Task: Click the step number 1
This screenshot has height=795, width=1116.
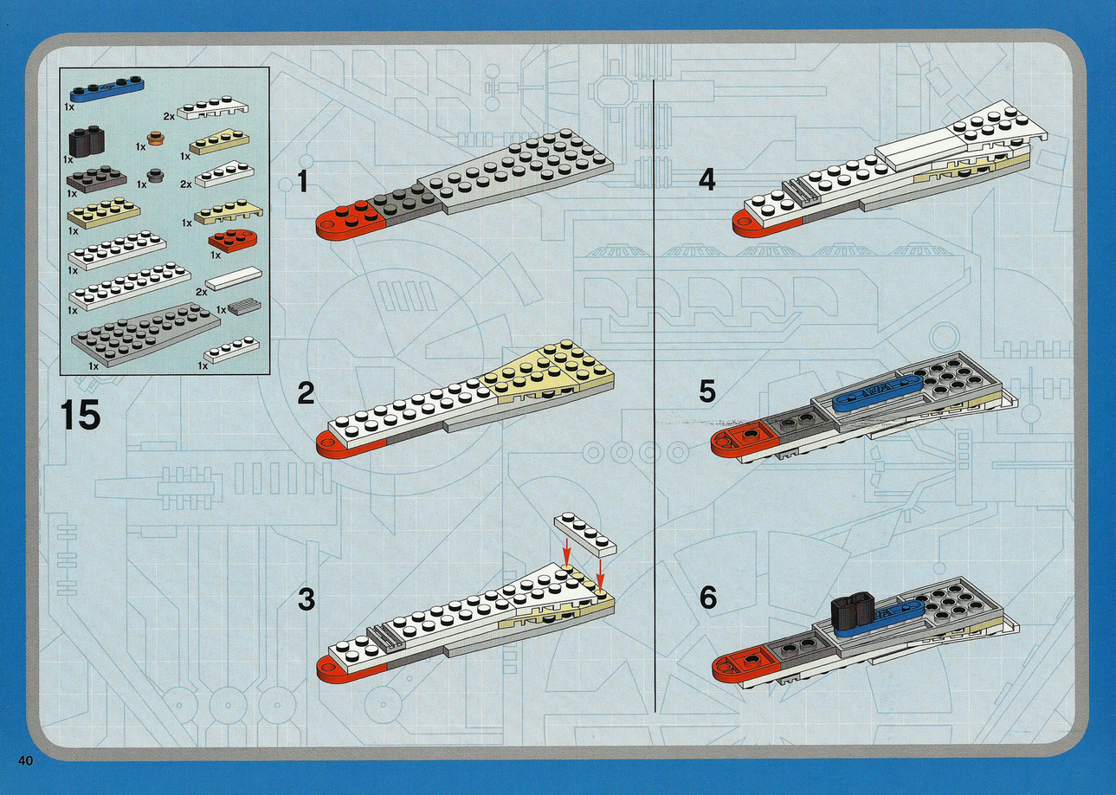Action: point(303,181)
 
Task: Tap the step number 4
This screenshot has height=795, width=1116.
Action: point(707,179)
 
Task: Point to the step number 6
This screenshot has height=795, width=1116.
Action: point(708,598)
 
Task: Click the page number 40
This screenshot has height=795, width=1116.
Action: point(25,774)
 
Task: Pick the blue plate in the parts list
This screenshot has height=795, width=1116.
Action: point(107,88)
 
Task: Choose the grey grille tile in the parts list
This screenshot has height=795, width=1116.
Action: point(244,306)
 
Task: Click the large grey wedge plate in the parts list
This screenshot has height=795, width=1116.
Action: point(145,334)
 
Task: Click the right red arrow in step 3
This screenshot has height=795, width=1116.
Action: point(601,575)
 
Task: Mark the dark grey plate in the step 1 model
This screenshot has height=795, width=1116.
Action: point(403,201)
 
